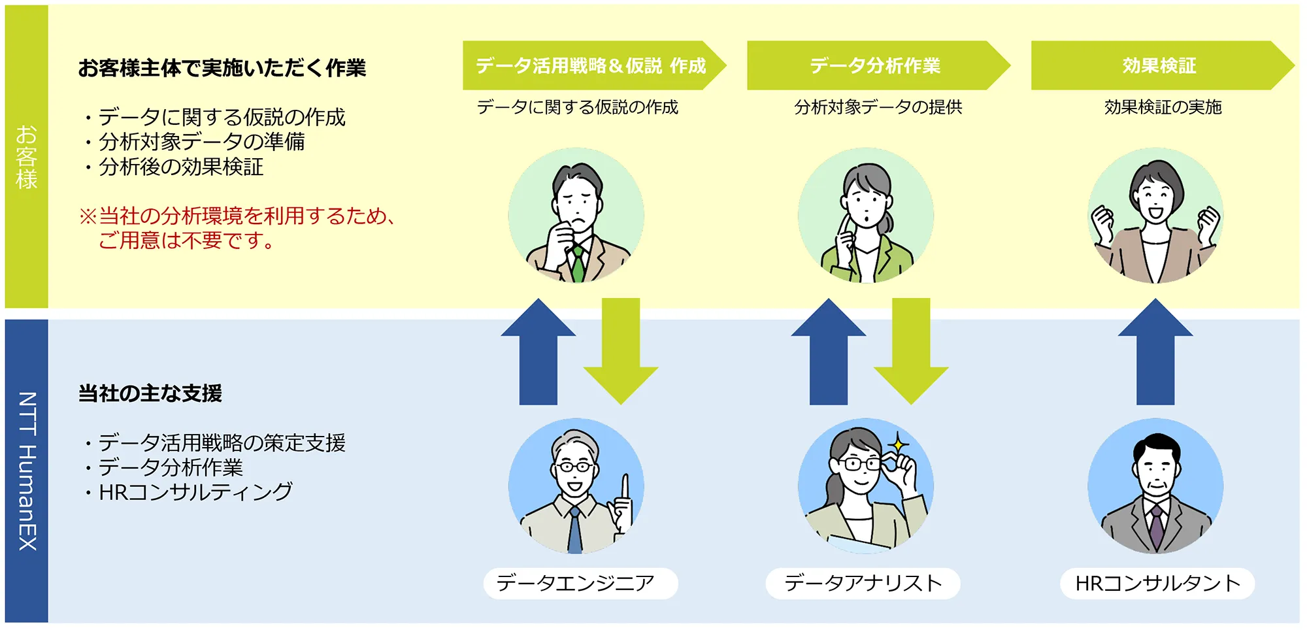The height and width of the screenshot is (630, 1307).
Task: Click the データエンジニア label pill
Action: pos(580,583)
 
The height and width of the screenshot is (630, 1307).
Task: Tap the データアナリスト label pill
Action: pos(863,583)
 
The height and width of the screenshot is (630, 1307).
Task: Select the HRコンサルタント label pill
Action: pos(1157,583)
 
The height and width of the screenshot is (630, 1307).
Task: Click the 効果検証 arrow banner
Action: pos(1162,65)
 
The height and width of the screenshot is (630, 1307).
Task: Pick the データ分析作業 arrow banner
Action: pos(878,65)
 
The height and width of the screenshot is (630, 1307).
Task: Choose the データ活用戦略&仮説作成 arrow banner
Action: pos(594,65)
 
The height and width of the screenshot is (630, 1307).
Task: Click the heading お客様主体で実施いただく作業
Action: pos(222,68)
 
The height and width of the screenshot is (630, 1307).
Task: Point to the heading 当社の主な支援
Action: pos(150,393)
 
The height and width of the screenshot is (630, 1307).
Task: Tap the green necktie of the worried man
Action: pos(578,263)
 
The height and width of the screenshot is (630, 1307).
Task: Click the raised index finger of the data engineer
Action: pos(625,487)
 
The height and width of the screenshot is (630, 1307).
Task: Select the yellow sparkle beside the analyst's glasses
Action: pos(899,444)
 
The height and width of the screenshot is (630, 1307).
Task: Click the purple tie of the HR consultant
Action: pos(1156,526)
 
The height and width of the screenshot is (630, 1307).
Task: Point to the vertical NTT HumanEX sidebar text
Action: pos(27,471)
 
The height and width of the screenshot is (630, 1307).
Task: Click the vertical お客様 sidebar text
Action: pos(27,157)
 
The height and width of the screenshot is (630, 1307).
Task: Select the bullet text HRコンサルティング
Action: pos(195,492)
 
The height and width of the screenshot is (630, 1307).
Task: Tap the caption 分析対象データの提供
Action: pos(878,107)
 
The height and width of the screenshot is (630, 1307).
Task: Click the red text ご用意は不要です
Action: pos(186,240)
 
